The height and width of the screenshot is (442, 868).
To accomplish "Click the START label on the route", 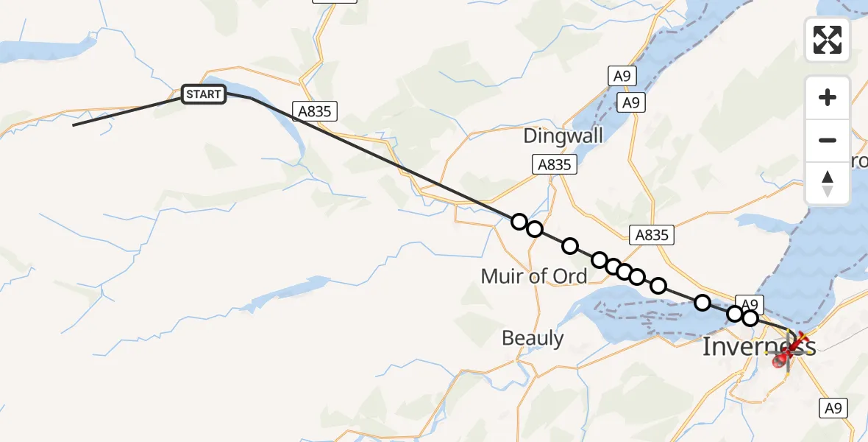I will coord(203,94).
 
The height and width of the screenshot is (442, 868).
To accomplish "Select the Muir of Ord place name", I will coord(533,276).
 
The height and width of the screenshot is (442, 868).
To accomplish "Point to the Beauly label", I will coord(533,338).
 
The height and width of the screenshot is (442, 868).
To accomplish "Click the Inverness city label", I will coord(758,346).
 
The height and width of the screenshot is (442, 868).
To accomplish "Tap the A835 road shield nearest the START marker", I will coord(316,111).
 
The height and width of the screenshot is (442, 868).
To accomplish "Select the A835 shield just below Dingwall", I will coord(555,165).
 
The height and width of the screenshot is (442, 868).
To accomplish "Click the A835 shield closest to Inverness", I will coord(651,235).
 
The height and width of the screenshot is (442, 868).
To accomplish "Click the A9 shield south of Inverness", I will coord(834,408).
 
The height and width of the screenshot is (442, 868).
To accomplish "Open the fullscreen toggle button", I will coord(828,40).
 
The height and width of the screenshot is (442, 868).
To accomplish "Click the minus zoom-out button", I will coord(828,140).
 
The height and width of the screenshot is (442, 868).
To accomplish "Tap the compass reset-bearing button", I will coord(828,183).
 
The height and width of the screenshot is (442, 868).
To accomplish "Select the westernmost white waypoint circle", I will coord(519,222).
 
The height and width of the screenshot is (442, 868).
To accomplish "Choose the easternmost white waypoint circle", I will coord(750,318).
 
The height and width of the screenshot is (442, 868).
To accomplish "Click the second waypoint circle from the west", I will coord(535,229).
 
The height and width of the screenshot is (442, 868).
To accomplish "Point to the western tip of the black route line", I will coord(73,125).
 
